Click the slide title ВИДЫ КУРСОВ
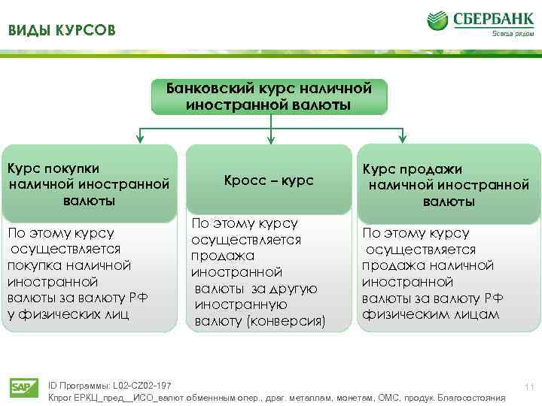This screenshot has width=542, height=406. point(62,31)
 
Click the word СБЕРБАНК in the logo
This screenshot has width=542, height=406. point(490,18)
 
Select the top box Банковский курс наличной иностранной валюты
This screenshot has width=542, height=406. point(269,96)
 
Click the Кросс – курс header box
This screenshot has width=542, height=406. point(269,181)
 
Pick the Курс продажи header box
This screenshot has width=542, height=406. point(448,185)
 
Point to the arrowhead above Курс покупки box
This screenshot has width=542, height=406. point(139,137)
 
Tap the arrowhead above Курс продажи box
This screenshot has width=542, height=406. point(403,137)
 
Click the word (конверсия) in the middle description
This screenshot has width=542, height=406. point(291,322)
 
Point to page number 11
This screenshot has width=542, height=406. point(529,387)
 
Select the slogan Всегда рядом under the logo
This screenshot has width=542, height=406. point(509,32)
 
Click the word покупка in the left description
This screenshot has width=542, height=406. point(32,265)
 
